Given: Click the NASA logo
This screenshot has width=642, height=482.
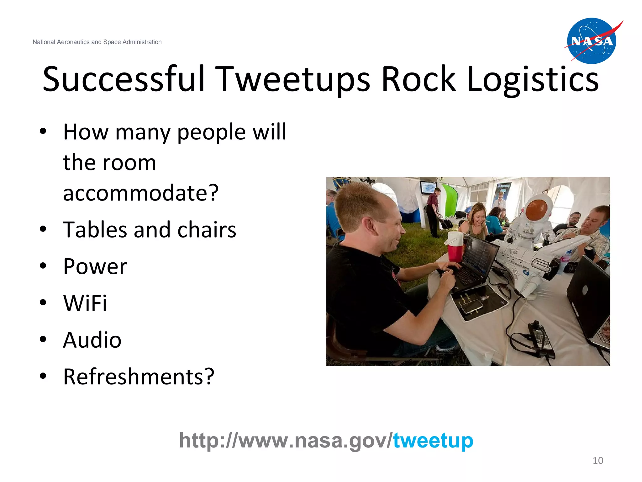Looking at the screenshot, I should [591, 41].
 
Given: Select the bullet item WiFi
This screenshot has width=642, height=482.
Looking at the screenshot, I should [85, 303].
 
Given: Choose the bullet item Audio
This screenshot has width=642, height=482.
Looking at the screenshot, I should [92, 340].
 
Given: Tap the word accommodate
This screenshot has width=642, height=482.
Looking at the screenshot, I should [140, 193].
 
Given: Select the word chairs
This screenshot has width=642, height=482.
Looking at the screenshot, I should [207, 230].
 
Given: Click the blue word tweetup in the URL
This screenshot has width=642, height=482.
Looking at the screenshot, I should [433, 440].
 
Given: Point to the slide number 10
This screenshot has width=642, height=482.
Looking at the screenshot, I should [598, 460].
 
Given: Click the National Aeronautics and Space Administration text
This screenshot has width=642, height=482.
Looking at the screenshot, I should [97, 42].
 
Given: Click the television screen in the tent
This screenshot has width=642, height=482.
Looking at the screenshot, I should [428, 188].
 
